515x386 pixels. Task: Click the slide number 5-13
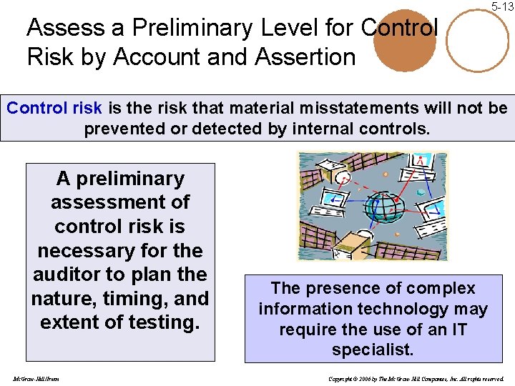click(503, 6)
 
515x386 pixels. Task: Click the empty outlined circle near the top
click(477, 39)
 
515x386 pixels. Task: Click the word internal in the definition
click(326, 129)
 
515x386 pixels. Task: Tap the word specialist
click(373, 350)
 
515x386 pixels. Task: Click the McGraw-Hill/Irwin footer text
click(36, 377)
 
